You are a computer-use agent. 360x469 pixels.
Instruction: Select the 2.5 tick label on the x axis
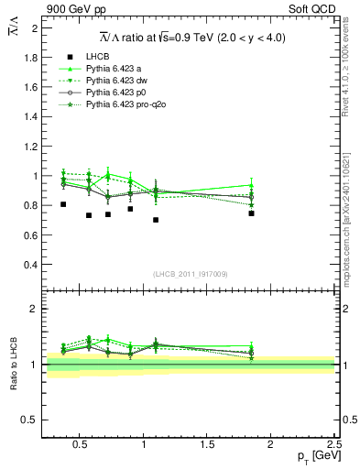pos(333,445)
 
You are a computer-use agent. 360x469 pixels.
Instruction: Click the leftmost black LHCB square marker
pos(63,204)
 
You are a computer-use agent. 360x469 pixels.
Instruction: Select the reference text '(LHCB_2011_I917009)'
pos(190,274)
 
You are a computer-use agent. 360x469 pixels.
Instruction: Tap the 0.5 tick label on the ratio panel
pos(30,420)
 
